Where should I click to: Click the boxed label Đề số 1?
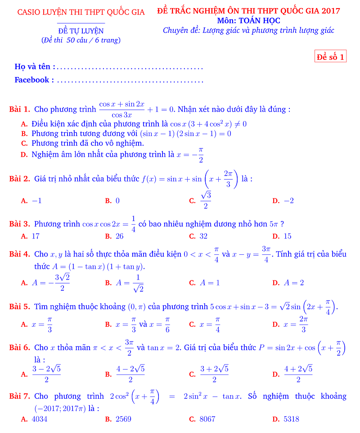(x=331, y=57)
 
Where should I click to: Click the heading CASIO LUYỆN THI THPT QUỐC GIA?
(x=81, y=12)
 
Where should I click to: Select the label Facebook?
(x=31, y=80)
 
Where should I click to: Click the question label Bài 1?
(x=20, y=109)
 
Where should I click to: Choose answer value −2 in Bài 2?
(x=289, y=201)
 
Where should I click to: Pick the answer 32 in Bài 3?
(x=203, y=236)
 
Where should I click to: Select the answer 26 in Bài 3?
(x=119, y=236)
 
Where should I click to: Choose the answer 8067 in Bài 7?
(x=207, y=419)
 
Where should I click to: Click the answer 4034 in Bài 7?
(x=40, y=419)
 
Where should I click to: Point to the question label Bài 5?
(x=20, y=307)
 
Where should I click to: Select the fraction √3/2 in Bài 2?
(x=206, y=200)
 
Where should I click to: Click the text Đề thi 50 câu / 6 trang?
(x=81, y=40)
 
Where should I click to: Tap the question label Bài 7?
(x=20, y=396)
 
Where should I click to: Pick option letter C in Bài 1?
(x=25, y=144)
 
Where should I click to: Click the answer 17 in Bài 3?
(x=36, y=236)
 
